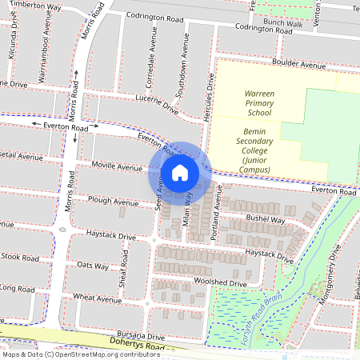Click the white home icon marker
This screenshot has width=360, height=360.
[x=180, y=173]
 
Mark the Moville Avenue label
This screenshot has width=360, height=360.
[x=117, y=168]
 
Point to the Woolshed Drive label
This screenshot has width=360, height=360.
[x=218, y=283]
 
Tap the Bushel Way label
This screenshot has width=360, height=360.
[x=266, y=218]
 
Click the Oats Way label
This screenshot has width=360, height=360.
[x=92, y=265]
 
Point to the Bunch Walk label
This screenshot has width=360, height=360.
[x=285, y=24]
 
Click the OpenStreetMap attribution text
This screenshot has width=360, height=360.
[x=70, y=354]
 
